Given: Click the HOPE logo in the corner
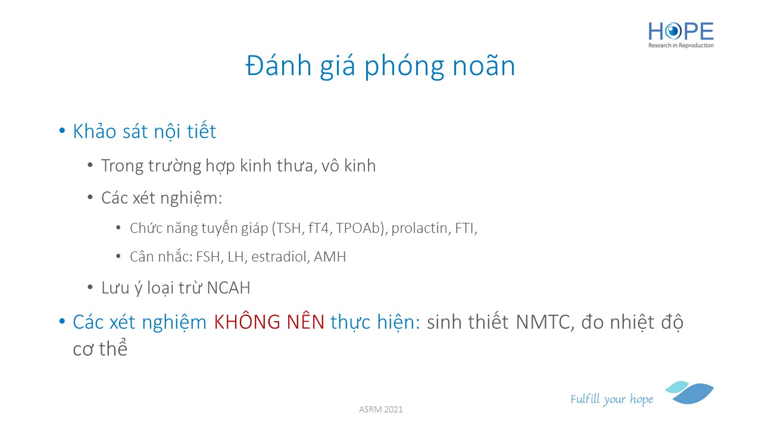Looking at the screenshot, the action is pyautogui.click(x=681, y=35).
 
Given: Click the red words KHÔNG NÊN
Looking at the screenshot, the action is pyautogui.click(x=269, y=322).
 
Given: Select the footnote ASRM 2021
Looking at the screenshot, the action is pyautogui.click(x=380, y=409).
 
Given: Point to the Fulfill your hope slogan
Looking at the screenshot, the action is pyautogui.click(x=611, y=399).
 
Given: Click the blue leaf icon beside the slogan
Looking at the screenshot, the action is pyautogui.click(x=689, y=393).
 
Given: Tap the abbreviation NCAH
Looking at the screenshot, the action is pyautogui.click(x=228, y=288).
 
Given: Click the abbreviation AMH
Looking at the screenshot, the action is pyautogui.click(x=330, y=257).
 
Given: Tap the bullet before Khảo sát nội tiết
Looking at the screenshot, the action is pyautogui.click(x=62, y=131).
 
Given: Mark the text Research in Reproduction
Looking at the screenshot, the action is pyautogui.click(x=681, y=45).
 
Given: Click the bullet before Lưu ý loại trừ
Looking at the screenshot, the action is pyautogui.click(x=90, y=288).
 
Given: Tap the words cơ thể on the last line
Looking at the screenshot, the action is pyautogui.click(x=100, y=349).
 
